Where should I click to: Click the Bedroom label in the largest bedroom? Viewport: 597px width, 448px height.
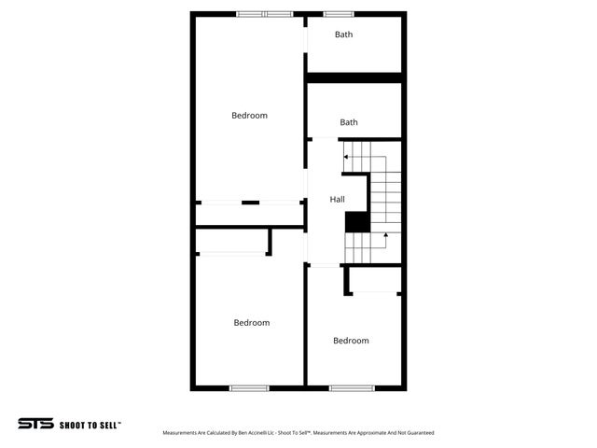tap(249, 116)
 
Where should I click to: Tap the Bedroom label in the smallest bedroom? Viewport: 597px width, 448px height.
tap(351, 341)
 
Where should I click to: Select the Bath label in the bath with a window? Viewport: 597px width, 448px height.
tap(344, 35)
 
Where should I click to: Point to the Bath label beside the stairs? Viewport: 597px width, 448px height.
tap(349, 122)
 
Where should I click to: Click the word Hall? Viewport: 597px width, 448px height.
tap(337, 200)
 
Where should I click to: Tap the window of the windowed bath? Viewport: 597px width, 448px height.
tap(338, 14)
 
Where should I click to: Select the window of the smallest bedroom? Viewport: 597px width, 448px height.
tap(351, 387)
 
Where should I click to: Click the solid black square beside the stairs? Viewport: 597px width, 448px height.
tap(356, 222)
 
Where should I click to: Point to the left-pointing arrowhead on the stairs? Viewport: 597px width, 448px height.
tap(344, 157)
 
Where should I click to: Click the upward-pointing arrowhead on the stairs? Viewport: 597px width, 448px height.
tap(386, 238)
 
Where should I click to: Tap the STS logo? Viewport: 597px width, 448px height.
tap(35, 423)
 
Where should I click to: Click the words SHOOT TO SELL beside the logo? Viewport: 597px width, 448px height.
tap(90, 424)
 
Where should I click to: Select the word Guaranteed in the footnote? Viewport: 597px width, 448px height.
tap(419, 433)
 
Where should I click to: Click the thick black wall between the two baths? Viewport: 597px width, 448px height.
tap(354, 77)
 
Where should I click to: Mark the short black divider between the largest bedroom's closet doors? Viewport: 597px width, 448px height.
tap(250, 203)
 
